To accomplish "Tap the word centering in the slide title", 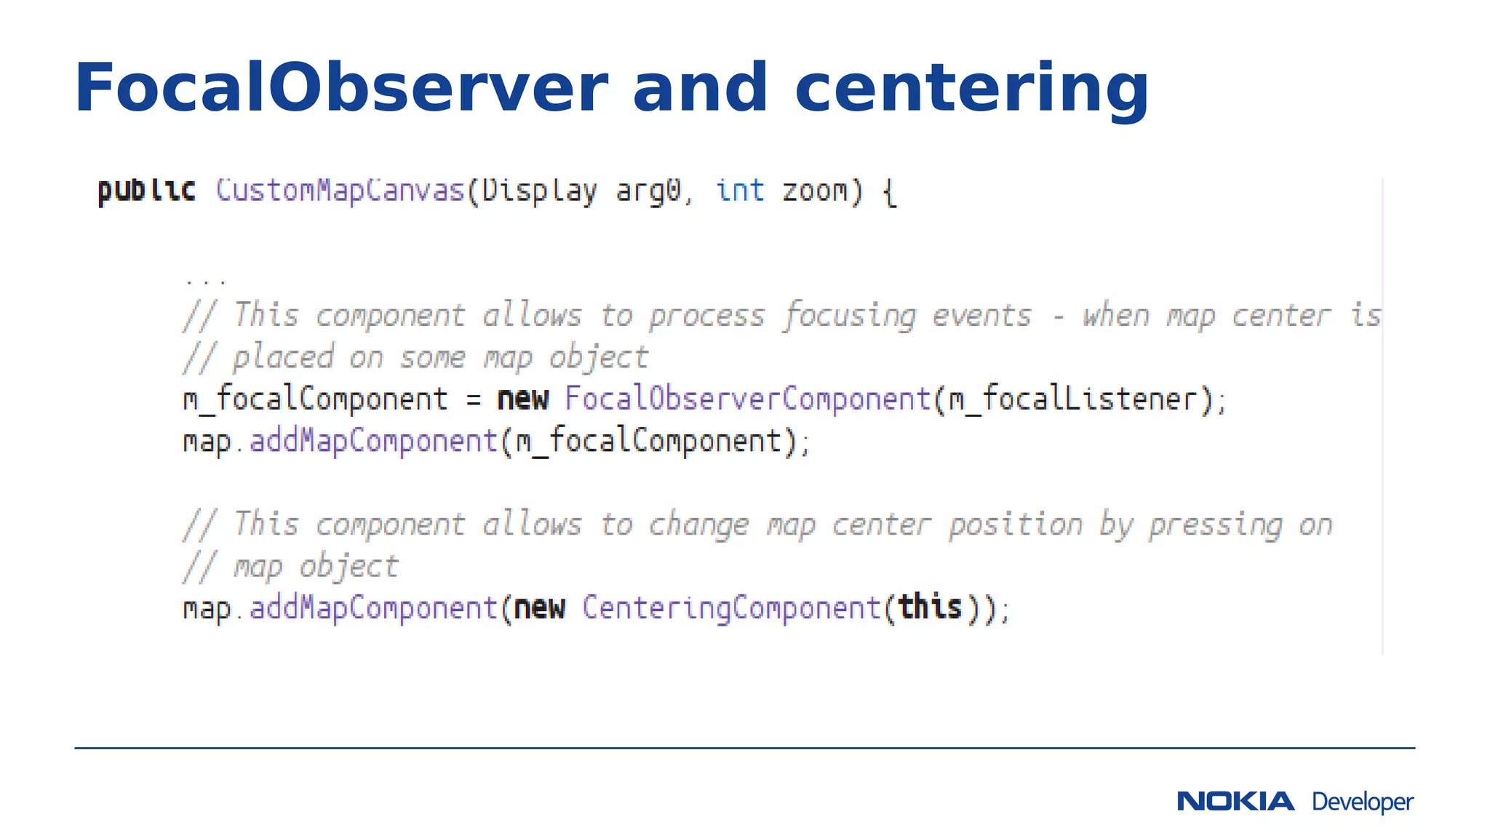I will [x=972, y=90].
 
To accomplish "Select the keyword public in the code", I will [x=147, y=191].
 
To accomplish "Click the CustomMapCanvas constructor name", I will [x=340, y=191].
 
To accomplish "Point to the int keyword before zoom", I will [x=740, y=191].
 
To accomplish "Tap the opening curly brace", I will [x=889, y=193].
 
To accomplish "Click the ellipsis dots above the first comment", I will [x=206, y=280].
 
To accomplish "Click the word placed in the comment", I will [x=282, y=358].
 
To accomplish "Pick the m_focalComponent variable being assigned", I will [x=315, y=399].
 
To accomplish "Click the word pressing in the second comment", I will [x=1216, y=525].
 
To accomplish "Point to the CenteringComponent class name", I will [x=731, y=608].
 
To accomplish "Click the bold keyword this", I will [x=930, y=607].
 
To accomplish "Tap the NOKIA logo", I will [x=1235, y=801].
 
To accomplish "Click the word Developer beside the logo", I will [x=1363, y=802].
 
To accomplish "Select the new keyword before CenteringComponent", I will [x=539, y=608].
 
